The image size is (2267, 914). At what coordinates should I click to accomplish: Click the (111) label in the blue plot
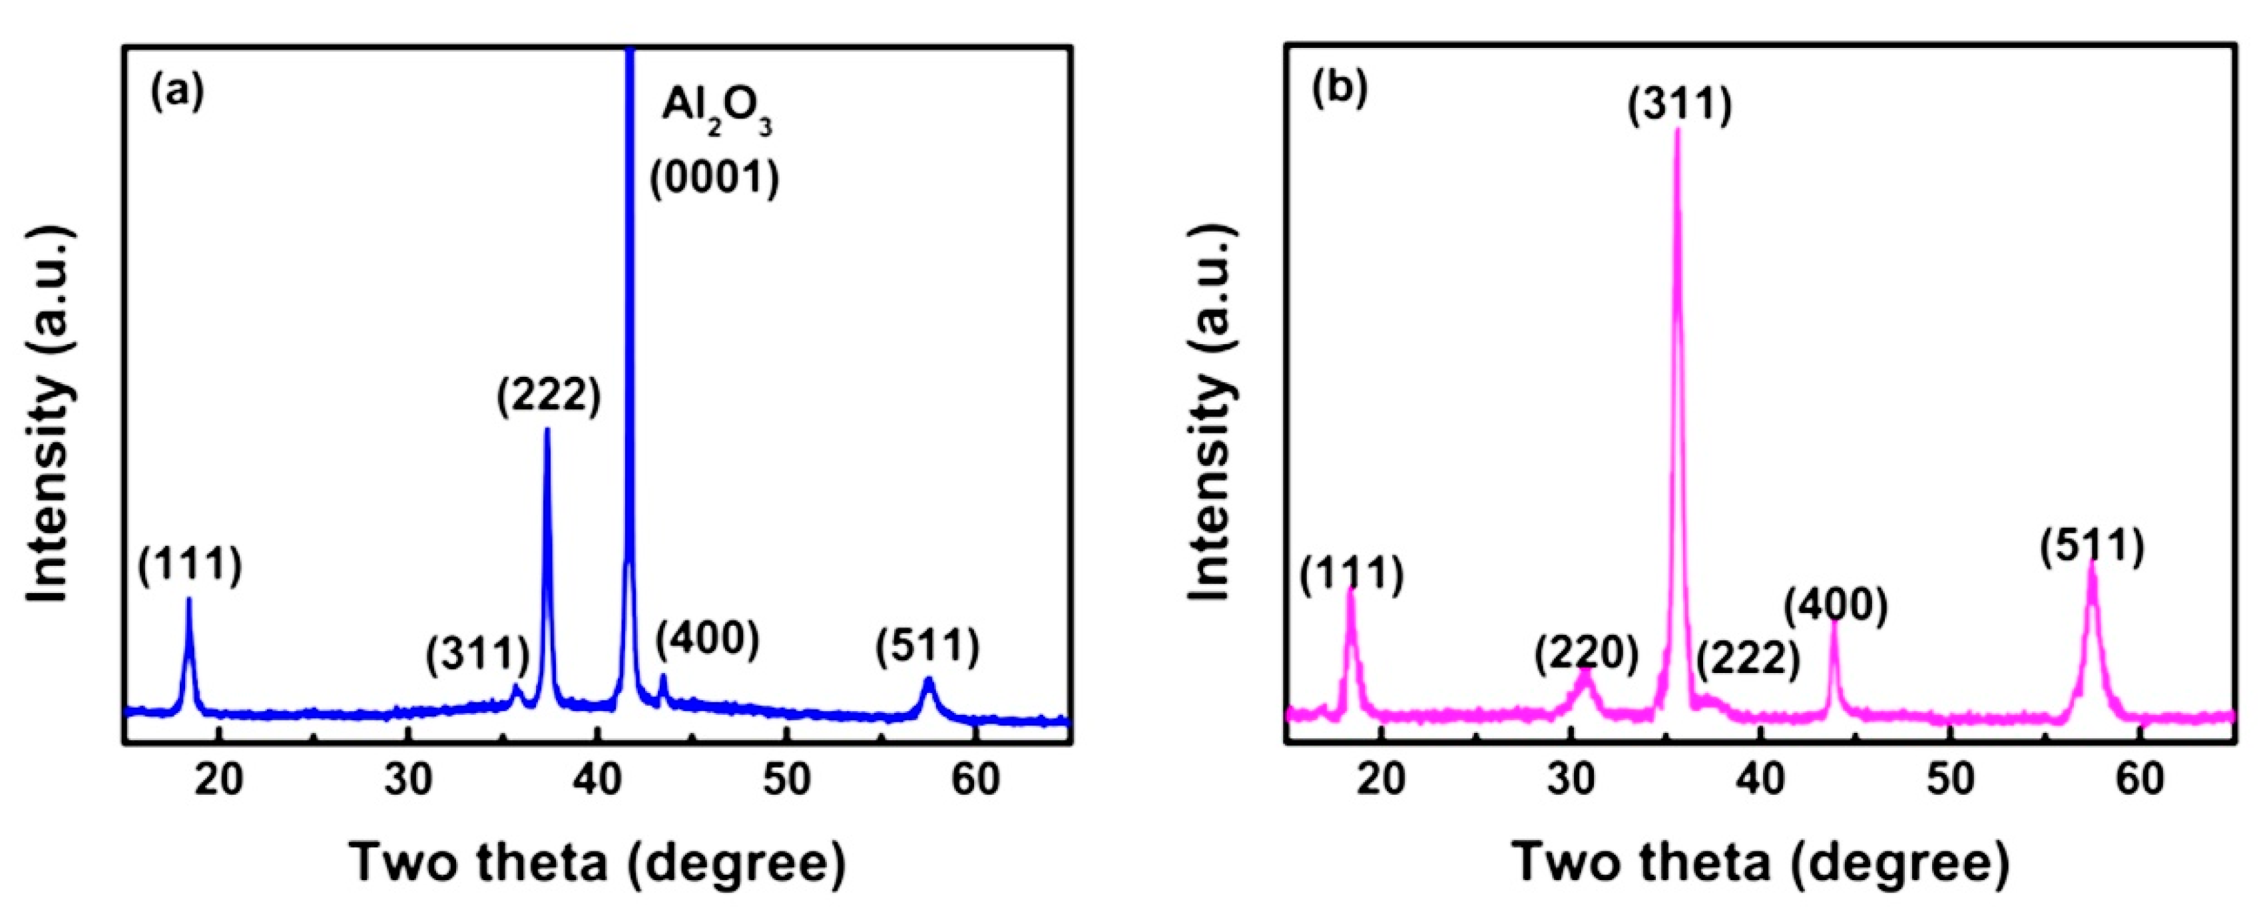click(x=189, y=565)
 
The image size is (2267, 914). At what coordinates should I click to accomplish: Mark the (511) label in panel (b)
click(x=2092, y=547)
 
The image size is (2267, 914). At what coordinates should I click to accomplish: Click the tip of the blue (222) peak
click(x=547, y=430)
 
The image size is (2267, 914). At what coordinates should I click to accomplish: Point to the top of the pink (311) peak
click(x=1676, y=130)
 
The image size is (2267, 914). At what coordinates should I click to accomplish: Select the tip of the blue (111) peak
click(x=188, y=599)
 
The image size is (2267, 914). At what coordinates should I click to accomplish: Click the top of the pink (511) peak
click(x=2092, y=563)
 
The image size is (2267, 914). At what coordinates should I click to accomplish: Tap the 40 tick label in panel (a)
click(x=598, y=780)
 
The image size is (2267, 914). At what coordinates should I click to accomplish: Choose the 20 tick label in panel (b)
click(x=1382, y=780)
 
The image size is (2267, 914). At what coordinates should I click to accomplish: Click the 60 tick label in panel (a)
click(x=975, y=780)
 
